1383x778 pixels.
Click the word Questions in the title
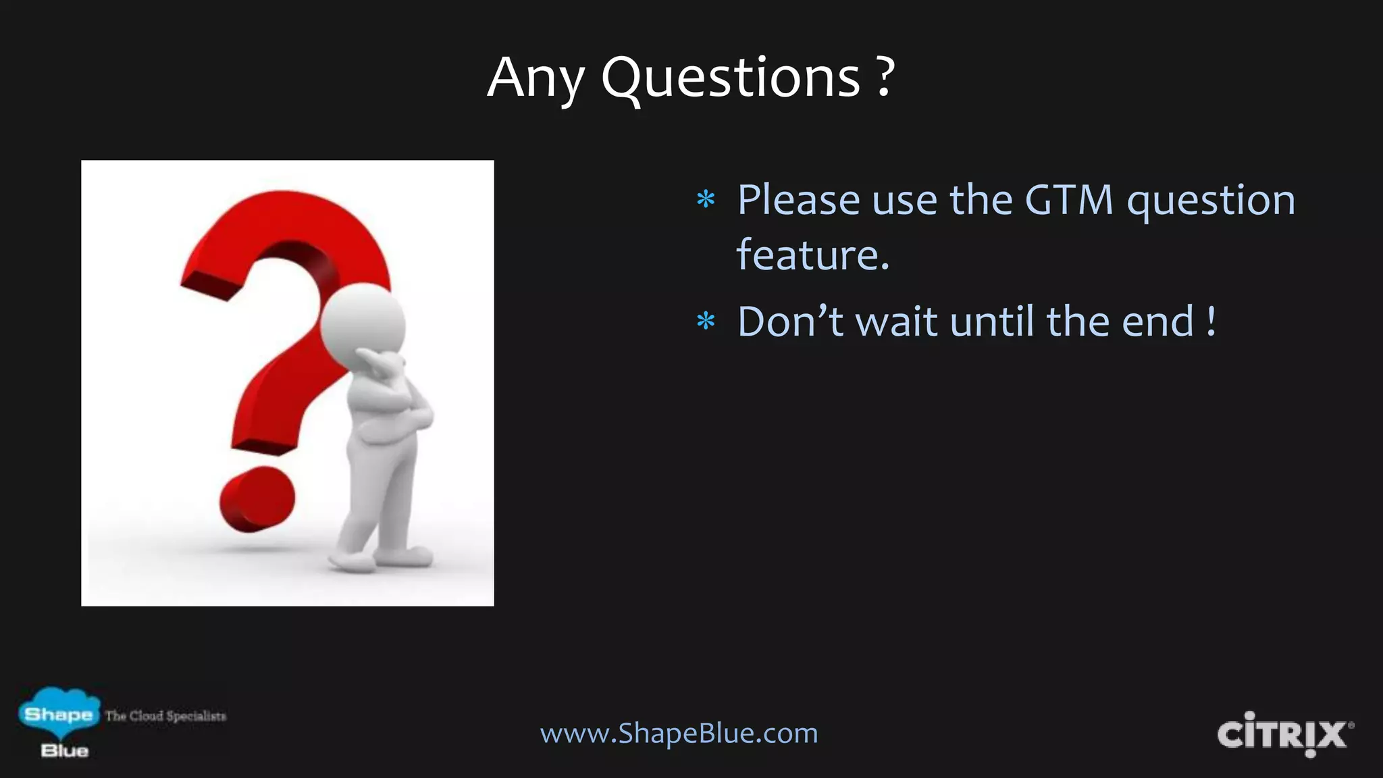pos(731,78)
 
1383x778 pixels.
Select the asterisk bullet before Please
pos(706,201)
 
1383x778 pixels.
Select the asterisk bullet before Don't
pos(706,322)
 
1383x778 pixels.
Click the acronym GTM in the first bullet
pos(1068,201)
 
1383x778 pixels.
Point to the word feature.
pos(812,255)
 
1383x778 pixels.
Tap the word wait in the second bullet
pos(896,321)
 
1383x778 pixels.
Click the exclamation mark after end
pos(1211,321)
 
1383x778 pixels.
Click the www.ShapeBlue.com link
pos(679,733)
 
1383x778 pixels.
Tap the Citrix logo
pos(1284,735)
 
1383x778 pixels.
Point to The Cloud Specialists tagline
pos(165,716)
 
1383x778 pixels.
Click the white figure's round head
pos(363,323)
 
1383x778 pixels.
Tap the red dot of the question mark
pos(257,499)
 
